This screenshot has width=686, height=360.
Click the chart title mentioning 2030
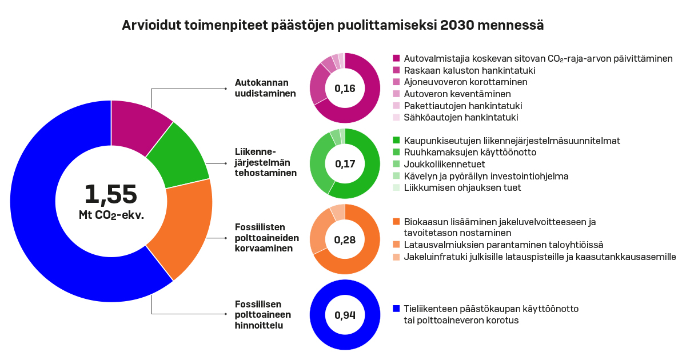coord(333,26)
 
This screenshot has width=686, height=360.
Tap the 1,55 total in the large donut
coord(111,194)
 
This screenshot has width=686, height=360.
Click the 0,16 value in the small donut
coord(345,89)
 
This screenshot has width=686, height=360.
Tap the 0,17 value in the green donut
coord(345,164)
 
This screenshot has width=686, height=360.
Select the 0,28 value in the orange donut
coord(345,239)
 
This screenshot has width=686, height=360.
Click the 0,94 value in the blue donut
coord(345,315)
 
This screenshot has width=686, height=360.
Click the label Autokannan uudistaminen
coord(265,88)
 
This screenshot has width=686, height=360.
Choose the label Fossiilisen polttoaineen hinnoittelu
coord(263,314)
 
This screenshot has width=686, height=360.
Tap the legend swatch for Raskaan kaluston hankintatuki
coord(396,70)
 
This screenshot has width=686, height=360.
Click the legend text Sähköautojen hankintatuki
coord(461,118)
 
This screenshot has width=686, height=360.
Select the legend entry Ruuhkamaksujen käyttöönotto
coord(470,153)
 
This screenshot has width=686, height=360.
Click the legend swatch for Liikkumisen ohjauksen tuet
coord(396,188)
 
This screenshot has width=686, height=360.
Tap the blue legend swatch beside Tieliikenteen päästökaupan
coord(396,309)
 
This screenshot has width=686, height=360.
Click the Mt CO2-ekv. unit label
coord(111,215)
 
